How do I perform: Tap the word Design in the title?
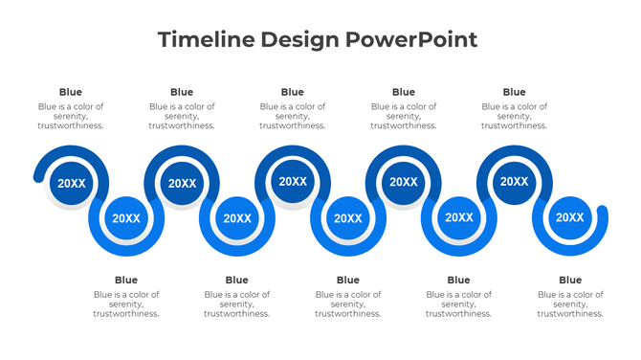(x=294, y=40)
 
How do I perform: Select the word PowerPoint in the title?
(x=411, y=40)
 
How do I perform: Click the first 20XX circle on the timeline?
(x=72, y=183)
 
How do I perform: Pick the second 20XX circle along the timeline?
(x=126, y=218)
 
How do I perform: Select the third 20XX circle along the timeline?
(x=182, y=183)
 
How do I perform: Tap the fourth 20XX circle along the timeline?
(x=237, y=218)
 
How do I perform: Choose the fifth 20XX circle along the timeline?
(x=293, y=181)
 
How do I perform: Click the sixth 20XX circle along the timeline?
(x=347, y=218)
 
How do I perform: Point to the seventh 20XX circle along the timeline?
(x=403, y=182)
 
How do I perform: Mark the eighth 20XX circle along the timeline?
(x=458, y=217)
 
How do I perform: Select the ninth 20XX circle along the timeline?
(x=514, y=181)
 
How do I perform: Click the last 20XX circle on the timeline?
(x=569, y=217)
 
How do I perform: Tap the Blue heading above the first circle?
(x=71, y=92)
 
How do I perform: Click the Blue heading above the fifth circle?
(x=293, y=92)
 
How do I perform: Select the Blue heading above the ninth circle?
(x=514, y=92)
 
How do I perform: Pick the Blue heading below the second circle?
(x=126, y=280)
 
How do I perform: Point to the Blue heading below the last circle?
(x=569, y=280)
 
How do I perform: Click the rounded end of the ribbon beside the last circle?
(x=602, y=213)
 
